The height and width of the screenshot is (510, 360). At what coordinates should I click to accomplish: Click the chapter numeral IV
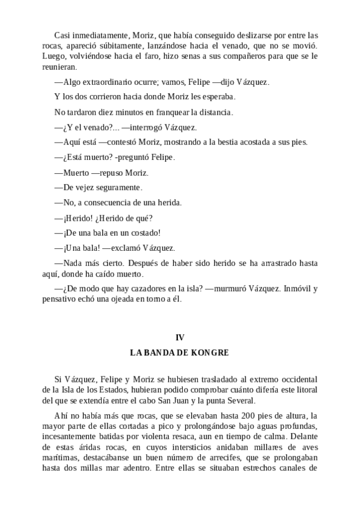(x=179, y=337)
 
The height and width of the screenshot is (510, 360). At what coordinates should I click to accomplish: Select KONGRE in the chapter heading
(x=208, y=353)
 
